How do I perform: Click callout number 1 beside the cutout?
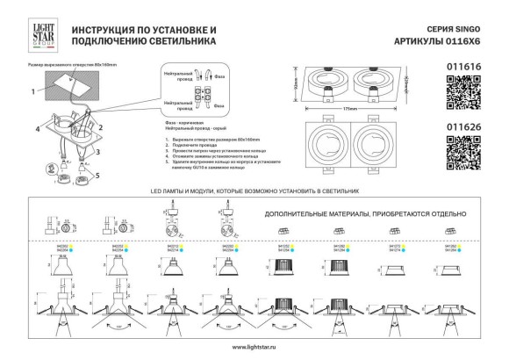pos(32,90)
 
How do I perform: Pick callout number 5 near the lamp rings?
pos(98,174)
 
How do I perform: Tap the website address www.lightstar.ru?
pos(254,349)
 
